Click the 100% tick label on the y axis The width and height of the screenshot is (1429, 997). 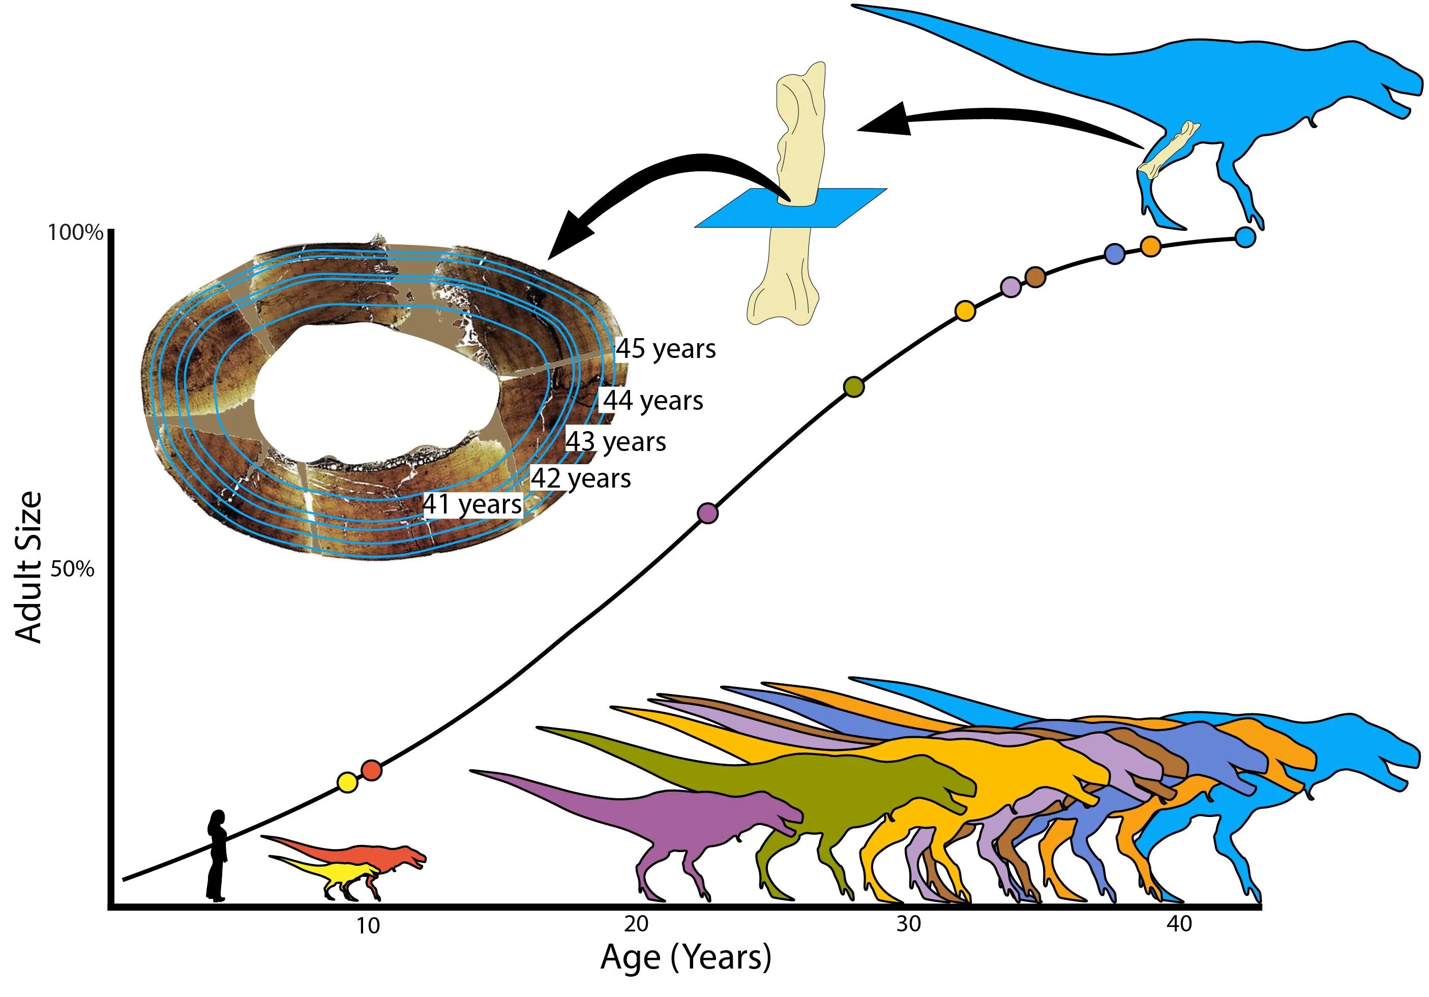click(75, 233)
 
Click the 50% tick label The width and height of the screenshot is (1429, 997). click(72, 569)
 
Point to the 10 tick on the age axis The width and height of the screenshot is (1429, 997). click(368, 926)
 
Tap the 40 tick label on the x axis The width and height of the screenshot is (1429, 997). click(1179, 924)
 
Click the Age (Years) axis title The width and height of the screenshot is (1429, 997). click(685, 958)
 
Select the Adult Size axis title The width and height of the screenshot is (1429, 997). click(28, 567)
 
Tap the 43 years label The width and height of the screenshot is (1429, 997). click(615, 442)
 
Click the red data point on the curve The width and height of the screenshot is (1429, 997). click(372, 770)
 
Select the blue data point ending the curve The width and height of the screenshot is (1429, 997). click(1245, 237)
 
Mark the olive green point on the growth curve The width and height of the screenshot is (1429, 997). click(854, 386)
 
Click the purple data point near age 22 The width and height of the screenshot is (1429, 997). click(708, 513)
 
